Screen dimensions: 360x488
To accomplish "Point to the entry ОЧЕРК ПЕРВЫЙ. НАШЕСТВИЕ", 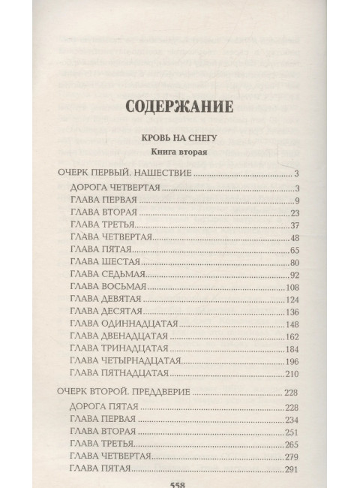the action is pos(124,173).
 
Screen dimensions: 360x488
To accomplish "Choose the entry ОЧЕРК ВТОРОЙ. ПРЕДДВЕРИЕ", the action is pos(125,391).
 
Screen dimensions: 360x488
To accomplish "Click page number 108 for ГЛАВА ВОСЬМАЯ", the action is pos(292,287).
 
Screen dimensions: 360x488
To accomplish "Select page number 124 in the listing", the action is pos(292,300).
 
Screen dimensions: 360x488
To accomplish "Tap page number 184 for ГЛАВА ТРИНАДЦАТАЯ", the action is pos(292,349).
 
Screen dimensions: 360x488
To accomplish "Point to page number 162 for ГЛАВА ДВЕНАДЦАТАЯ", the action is pos(292,336).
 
